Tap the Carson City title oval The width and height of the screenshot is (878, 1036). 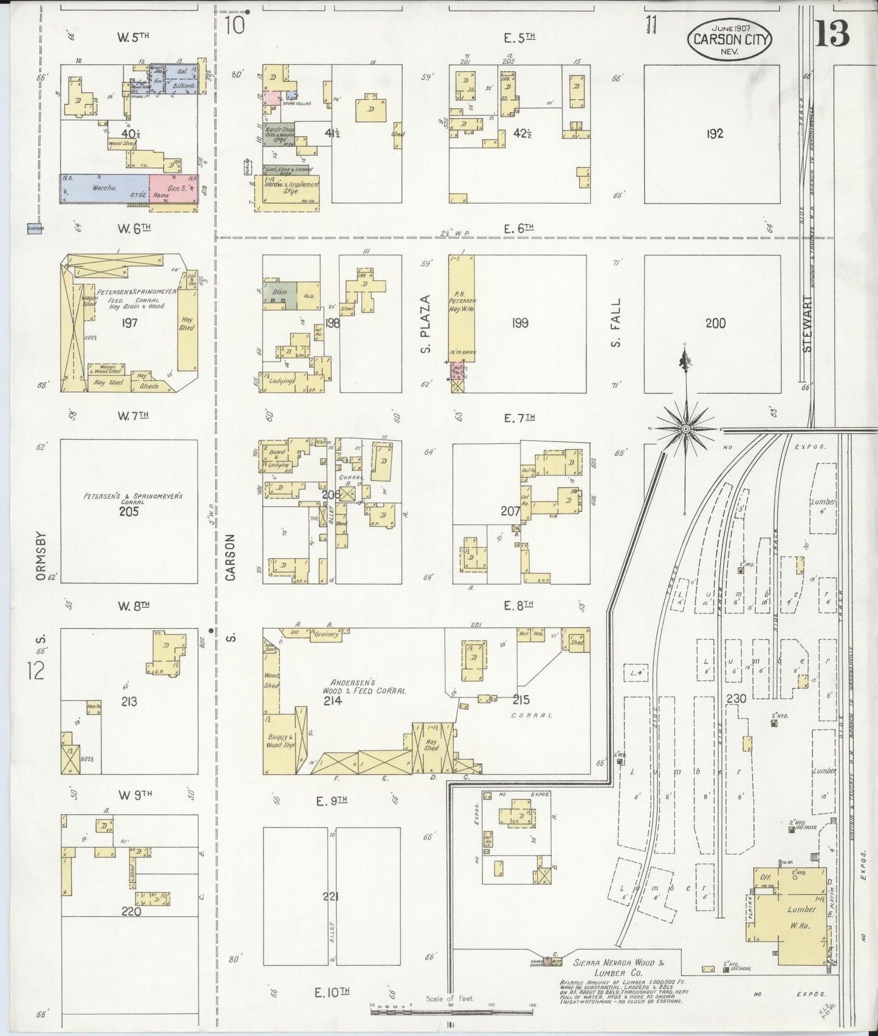[x=729, y=40]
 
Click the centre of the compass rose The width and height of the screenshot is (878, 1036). [x=686, y=429]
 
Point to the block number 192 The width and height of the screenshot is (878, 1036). [x=715, y=134]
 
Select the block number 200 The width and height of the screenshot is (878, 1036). [x=715, y=323]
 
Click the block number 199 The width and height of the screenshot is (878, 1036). [x=520, y=323]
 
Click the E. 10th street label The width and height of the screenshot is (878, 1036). [x=332, y=992]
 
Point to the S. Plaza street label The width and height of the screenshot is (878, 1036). [x=426, y=324]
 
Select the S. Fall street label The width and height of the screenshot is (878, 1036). [x=616, y=323]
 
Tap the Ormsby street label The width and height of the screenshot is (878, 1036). [x=41, y=558]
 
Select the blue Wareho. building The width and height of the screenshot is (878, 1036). [x=105, y=188]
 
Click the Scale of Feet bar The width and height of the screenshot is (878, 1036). [x=452, y=1010]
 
